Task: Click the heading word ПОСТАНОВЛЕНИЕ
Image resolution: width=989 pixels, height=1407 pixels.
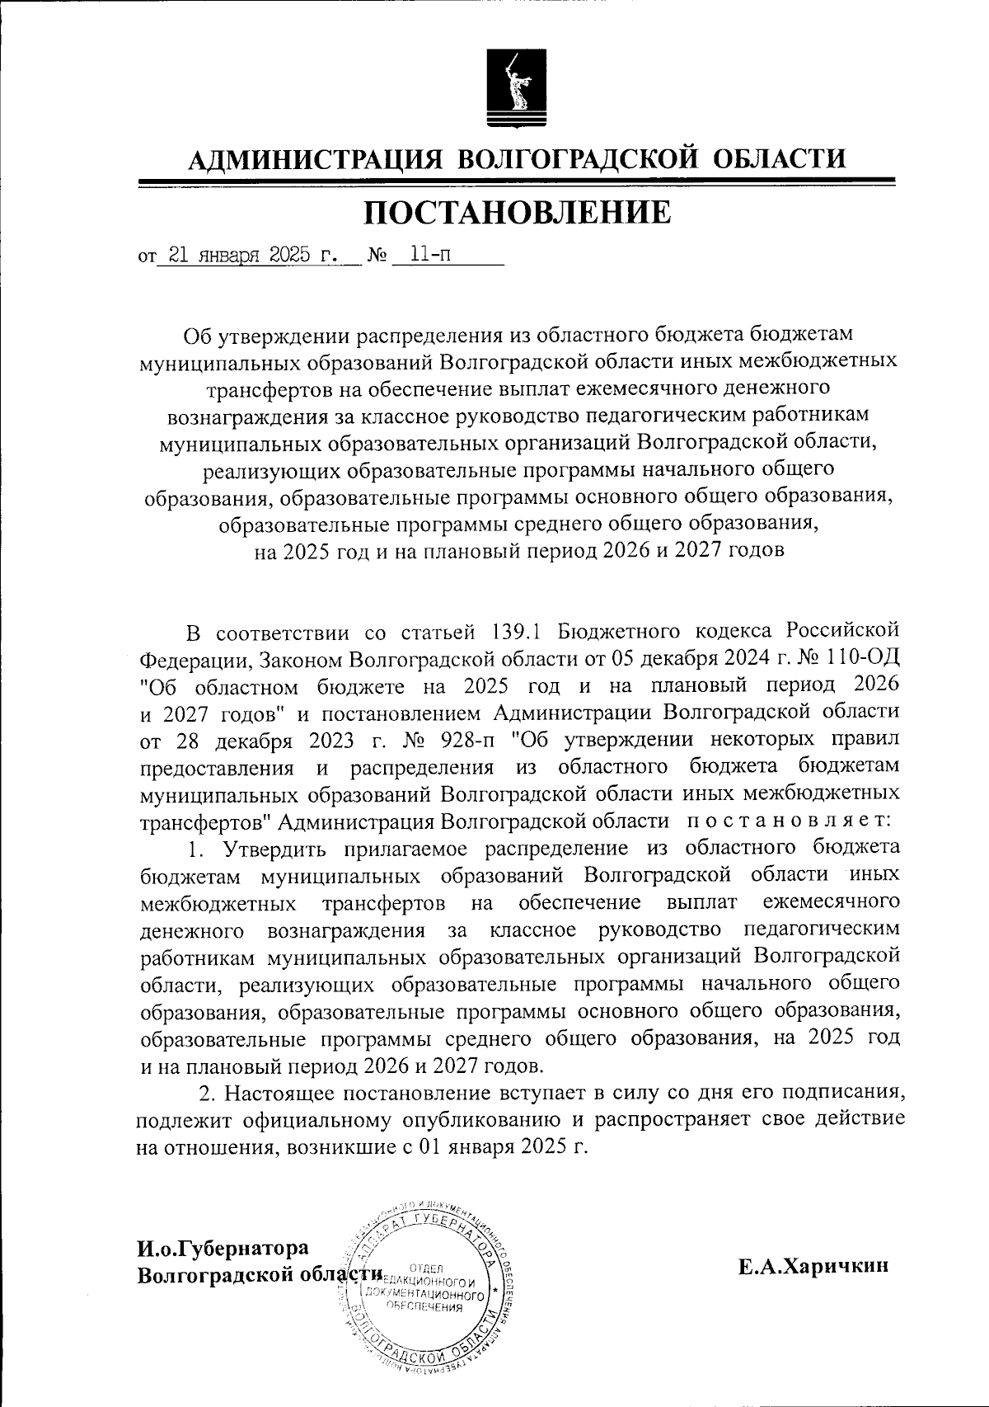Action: (518, 213)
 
